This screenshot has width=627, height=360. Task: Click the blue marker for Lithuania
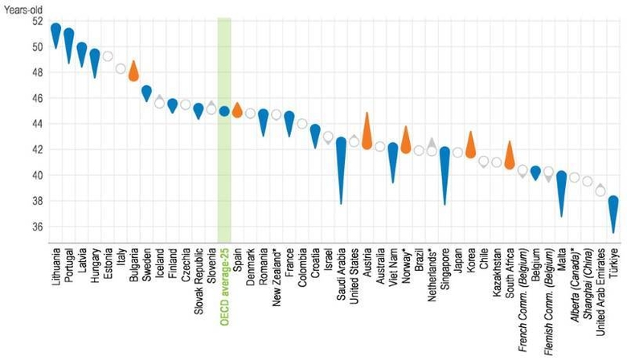click(55, 33)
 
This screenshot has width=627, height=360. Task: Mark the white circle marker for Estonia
click(108, 56)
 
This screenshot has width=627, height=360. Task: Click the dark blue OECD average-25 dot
click(224, 112)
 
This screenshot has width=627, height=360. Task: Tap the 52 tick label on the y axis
click(37, 21)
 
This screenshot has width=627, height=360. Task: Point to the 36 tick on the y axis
click(37, 227)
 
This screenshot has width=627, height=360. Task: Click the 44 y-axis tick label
click(37, 124)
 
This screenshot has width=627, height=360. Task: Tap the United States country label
click(354, 274)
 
